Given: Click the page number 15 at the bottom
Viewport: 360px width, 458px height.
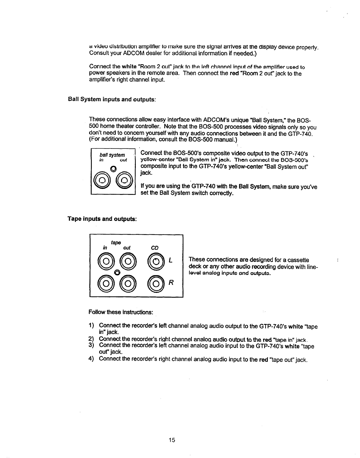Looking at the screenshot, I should (171, 440).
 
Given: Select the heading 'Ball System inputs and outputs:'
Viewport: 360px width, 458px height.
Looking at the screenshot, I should (112, 99).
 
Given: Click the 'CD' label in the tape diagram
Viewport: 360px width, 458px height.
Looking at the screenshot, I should (155, 247).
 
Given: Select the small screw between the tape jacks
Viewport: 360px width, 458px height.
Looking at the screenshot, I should (116, 272).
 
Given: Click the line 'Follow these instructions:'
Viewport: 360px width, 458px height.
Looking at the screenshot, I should (121, 312).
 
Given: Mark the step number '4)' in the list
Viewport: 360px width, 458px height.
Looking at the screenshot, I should (92, 360).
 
